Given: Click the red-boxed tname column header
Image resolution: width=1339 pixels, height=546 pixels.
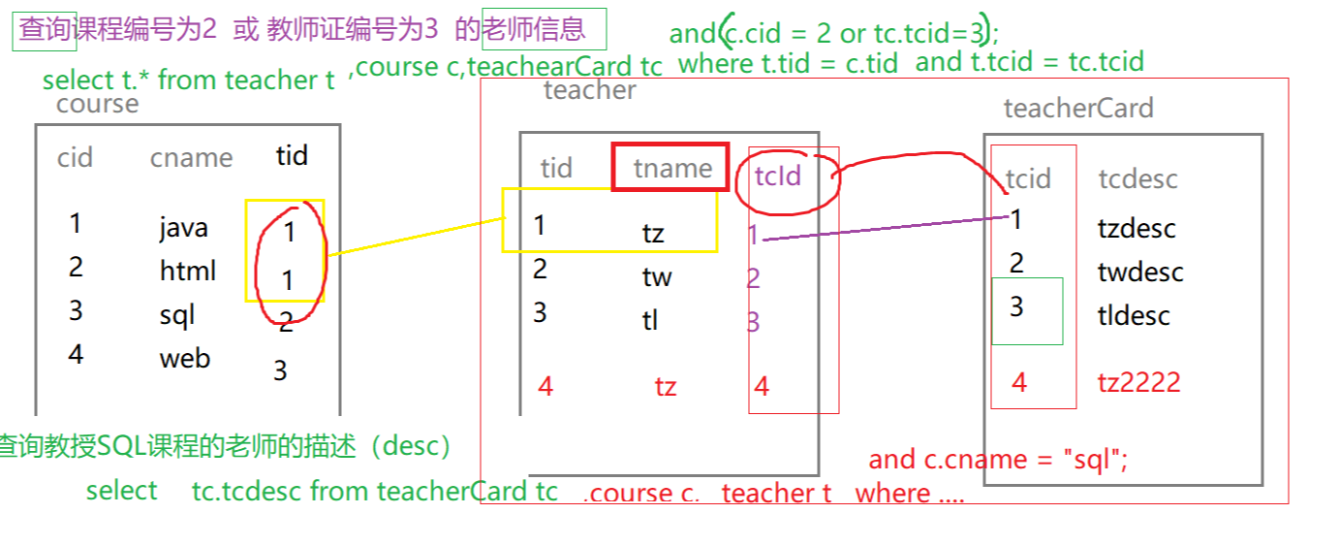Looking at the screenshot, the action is (671, 168).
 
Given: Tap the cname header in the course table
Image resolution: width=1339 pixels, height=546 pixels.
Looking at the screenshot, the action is (191, 158).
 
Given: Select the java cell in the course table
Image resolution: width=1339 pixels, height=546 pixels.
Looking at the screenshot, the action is (183, 228).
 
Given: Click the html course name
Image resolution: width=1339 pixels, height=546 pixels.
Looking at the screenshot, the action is (188, 271).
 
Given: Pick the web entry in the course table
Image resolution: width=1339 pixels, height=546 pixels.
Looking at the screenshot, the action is (185, 358).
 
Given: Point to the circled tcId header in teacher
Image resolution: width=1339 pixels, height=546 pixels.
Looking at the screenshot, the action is (778, 177).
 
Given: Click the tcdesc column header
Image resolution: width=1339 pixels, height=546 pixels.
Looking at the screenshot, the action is (1137, 178).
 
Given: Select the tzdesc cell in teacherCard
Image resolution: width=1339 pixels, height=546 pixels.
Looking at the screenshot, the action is (1137, 229).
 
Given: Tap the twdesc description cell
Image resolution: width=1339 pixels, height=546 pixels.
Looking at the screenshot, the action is (1140, 272).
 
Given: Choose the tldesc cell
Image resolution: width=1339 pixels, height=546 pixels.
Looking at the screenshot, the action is (1134, 315).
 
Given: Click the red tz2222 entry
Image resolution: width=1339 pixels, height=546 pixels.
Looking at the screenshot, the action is (1138, 382).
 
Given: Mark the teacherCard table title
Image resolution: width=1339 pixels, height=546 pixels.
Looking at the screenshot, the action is (1078, 108).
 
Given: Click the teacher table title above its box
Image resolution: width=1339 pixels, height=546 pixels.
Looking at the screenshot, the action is (589, 91).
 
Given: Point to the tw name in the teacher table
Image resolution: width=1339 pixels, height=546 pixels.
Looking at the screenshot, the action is (657, 277).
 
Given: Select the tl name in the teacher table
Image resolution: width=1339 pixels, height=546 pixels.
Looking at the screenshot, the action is (650, 320).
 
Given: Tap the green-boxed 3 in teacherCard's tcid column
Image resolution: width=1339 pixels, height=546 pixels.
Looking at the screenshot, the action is (1016, 307).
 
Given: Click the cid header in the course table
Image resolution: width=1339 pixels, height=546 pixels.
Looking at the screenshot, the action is (75, 157).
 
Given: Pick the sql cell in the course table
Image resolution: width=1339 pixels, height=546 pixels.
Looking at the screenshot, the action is (177, 315).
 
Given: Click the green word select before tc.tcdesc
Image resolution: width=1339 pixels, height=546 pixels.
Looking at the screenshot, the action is (121, 491).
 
